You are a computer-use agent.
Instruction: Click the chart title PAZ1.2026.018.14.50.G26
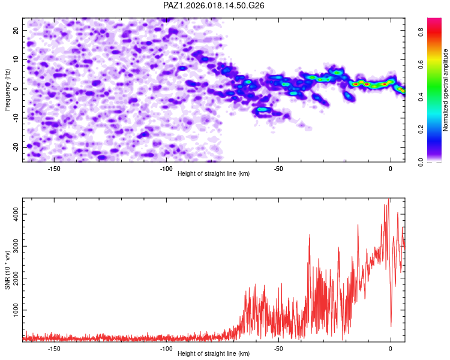click(x=214, y=5)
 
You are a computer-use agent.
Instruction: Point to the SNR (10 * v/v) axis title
click(x=7, y=269)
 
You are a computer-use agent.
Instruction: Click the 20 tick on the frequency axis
click(x=17, y=30)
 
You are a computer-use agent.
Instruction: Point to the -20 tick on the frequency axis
click(x=15, y=147)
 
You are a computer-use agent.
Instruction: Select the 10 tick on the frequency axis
click(x=17, y=59)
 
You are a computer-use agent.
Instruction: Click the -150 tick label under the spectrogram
click(x=54, y=169)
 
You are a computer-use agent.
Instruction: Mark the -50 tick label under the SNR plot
click(x=278, y=349)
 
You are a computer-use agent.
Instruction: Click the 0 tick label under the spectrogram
click(x=391, y=169)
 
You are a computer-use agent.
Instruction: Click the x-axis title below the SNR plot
click(x=214, y=354)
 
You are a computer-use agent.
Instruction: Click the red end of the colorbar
click(x=434, y=22)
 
